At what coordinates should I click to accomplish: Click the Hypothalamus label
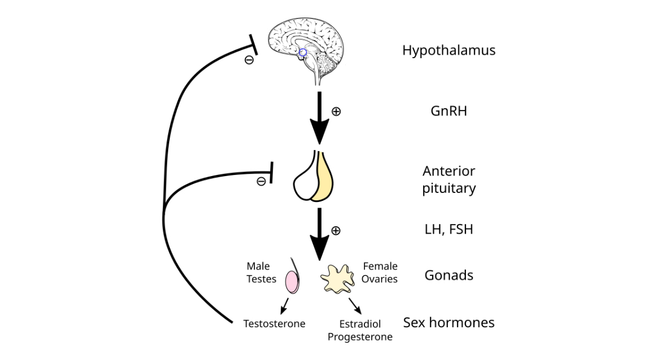click(x=448, y=50)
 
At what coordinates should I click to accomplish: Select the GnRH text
click(x=448, y=111)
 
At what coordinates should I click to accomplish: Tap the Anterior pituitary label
click(x=448, y=179)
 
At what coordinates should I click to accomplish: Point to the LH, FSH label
click(x=448, y=230)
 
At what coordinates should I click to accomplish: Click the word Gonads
click(x=448, y=275)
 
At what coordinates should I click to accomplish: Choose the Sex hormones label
click(x=448, y=323)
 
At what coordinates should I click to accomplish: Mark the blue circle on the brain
click(x=303, y=52)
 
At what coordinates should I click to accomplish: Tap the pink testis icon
click(x=291, y=282)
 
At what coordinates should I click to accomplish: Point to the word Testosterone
click(x=274, y=324)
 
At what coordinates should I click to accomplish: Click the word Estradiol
click(x=360, y=324)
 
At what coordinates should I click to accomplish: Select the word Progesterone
click(x=360, y=337)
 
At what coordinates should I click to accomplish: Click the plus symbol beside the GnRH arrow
click(x=336, y=112)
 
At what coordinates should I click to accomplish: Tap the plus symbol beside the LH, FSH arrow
click(x=336, y=230)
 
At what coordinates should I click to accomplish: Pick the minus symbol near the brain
click(x=249, y=60)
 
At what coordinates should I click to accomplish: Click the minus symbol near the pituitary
click(x=261, y=181)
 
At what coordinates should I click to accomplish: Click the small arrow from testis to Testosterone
click(x=285, y=306)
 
